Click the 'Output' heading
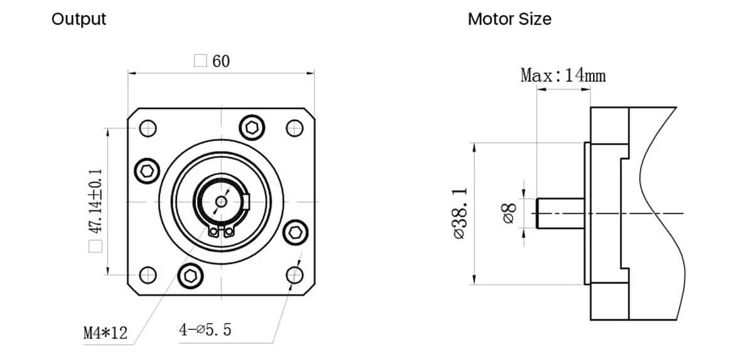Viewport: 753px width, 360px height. [x=78, y=19]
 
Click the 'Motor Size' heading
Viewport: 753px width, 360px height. [x=510, y=19]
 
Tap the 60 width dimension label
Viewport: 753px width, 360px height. [x=221, y=61]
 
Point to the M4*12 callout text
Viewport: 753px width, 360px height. [x=105, y=332]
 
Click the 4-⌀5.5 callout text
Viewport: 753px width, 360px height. [x=205, y=329]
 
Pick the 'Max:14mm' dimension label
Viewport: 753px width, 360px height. [x=563, y=76]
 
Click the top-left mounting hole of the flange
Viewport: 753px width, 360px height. [x=147, y=129]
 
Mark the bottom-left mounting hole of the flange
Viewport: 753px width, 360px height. [x=147, y=275]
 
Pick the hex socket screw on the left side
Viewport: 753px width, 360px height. [x=147, y=171]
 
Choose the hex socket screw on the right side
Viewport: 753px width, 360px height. [x=295, y=232]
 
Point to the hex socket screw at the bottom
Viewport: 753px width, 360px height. [x=190, y=275]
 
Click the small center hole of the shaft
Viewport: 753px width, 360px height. [x=221, y=201]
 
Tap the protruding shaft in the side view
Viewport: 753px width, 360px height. [x=560, y=213]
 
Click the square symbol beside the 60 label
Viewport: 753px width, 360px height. [x=200, y=61]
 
